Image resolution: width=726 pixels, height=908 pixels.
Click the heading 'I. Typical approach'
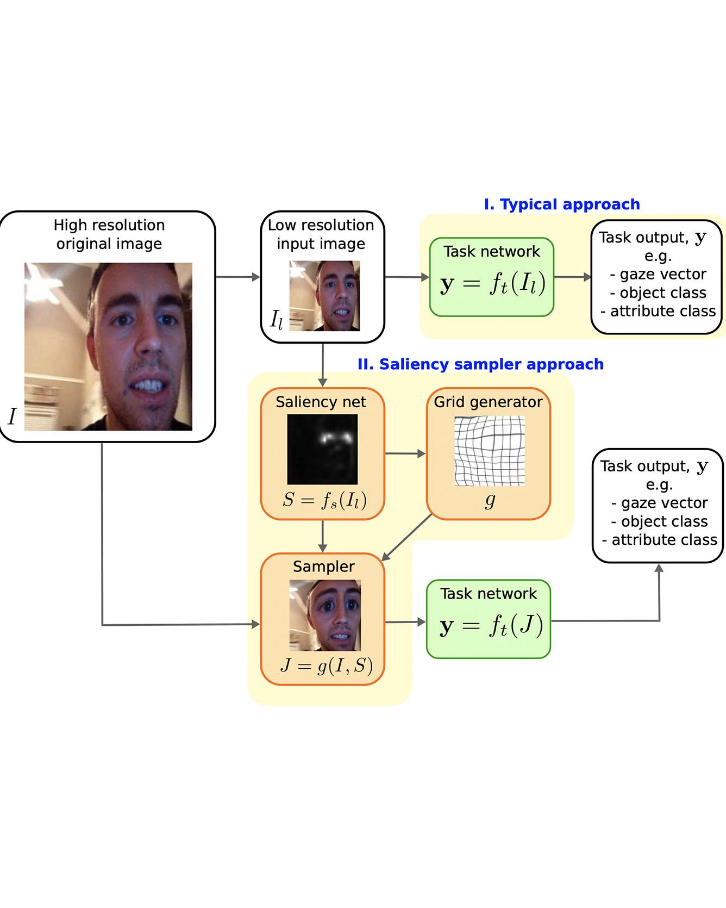pyautogui.click(x=561, y=204)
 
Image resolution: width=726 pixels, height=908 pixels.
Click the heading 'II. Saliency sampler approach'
pyautogui.click(x=480, y=364)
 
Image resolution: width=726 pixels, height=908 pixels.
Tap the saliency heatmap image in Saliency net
pyautogui.click(x=322, y=449)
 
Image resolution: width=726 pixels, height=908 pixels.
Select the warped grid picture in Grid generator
pyautogui.click(x=489, y=451)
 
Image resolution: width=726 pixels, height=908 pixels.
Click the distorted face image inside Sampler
pyautogui.click(x=324, y=615)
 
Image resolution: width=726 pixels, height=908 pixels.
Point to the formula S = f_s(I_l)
pyautogui.click(x=324, y=500)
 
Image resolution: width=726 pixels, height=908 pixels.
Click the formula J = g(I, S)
pyautogui.click(x=326, y=665)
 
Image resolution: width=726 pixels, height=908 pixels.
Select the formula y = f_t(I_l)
pyautogui.click(x=492, y=284)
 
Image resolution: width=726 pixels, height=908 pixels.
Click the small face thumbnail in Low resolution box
pyautogui.click(x=324, y=296)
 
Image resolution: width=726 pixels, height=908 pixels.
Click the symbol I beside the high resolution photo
pyautogui.click(x=12, y=417)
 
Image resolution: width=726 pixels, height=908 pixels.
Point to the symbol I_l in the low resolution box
pyautogui.click(x=276, y=320)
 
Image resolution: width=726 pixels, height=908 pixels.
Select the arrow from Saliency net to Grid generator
pyautogui.click(x=405, y=453)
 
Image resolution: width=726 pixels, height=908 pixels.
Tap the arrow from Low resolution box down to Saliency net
pyautogui.click(x=323, y=365)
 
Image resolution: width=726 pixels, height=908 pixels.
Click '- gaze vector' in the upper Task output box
pyautogui.click(x=658, y=274)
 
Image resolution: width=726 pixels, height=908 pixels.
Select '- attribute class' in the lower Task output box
pyautogui.click(x=659, y=540)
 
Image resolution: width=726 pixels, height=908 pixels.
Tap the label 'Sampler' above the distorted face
pyautogui.click(x=323, y=567)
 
